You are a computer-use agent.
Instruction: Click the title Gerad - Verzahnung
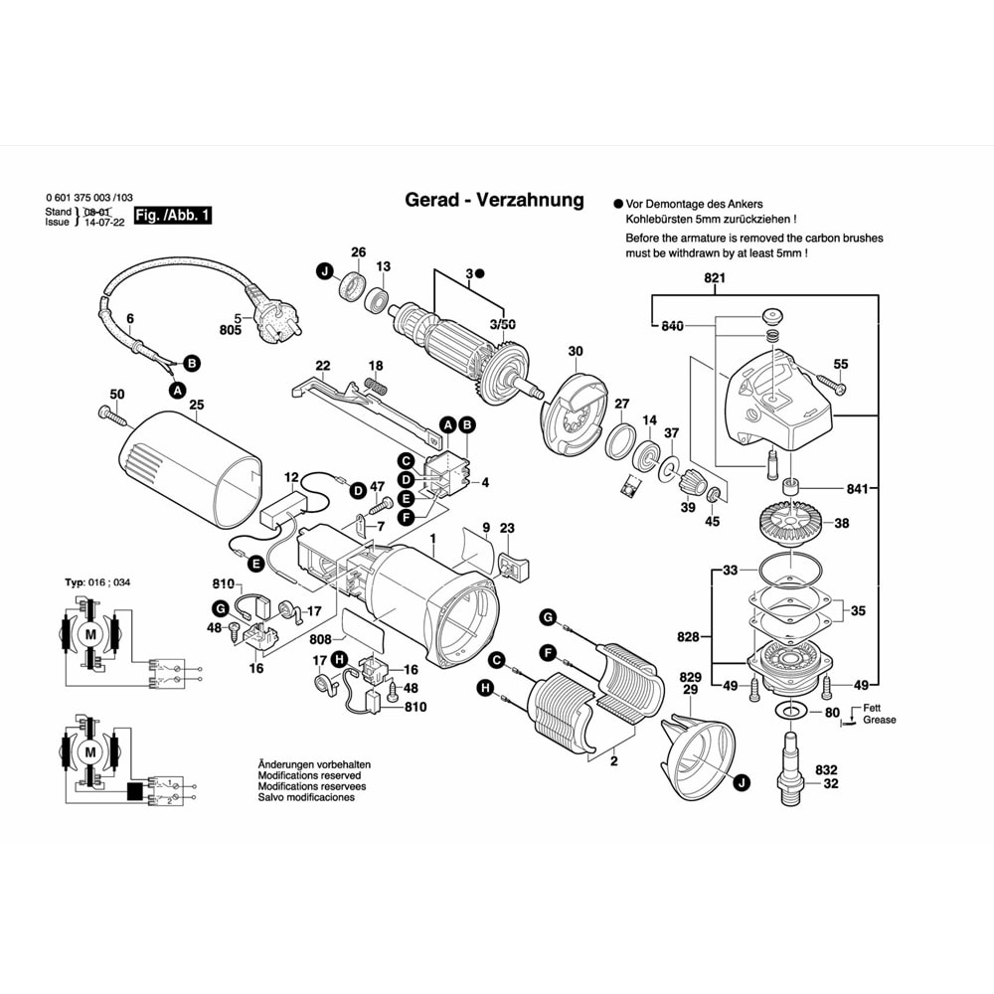tap(494, 200)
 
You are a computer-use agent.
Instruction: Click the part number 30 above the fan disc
tap(576, 351)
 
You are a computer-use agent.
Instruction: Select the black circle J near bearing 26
tap(325, 271)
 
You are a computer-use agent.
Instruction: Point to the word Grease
tap(879, 720)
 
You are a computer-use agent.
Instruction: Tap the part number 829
tap(690, 677)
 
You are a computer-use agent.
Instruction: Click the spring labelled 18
tap(375, 385)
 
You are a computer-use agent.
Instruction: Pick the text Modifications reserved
tap(309, 775)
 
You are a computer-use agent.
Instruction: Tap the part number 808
tap(319, 640)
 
